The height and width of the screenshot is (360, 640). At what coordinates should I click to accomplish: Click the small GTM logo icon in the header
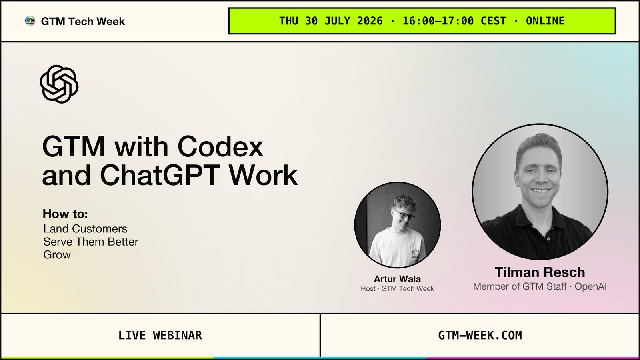(30, 21)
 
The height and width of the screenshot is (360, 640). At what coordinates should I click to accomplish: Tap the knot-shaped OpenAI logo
(59, 84)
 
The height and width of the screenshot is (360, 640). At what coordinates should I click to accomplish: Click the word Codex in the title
(220, 146)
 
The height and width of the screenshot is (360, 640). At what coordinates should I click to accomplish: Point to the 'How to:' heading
(65, 214)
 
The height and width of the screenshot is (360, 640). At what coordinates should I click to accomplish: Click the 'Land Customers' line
(85, 228)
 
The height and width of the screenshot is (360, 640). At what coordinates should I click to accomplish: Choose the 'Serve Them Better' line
(91, 242)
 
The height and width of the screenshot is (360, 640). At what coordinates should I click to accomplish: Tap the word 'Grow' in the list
(57, 254)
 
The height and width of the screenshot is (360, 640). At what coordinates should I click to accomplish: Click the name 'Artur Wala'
(397, 278)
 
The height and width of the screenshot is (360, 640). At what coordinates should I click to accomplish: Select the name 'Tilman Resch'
(540, 272)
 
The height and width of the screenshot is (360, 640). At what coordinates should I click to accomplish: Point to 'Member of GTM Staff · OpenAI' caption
(540, 286)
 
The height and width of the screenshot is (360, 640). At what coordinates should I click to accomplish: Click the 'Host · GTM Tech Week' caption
(397, 288)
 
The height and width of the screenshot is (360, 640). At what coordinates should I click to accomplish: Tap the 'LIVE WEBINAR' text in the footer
(160, 336)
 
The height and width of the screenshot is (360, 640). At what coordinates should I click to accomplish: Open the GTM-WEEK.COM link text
(480, 336)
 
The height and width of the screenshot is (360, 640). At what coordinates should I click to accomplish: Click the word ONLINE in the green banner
(545, 21)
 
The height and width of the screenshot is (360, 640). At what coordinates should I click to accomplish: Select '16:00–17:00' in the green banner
(438, 21)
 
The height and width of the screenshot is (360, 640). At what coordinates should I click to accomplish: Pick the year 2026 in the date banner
(370, 21)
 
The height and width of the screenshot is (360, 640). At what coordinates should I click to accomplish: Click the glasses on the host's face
(404, 214)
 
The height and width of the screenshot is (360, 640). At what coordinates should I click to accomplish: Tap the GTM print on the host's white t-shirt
(416, 254)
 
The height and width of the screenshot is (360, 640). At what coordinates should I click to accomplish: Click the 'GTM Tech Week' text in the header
(83, 21)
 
